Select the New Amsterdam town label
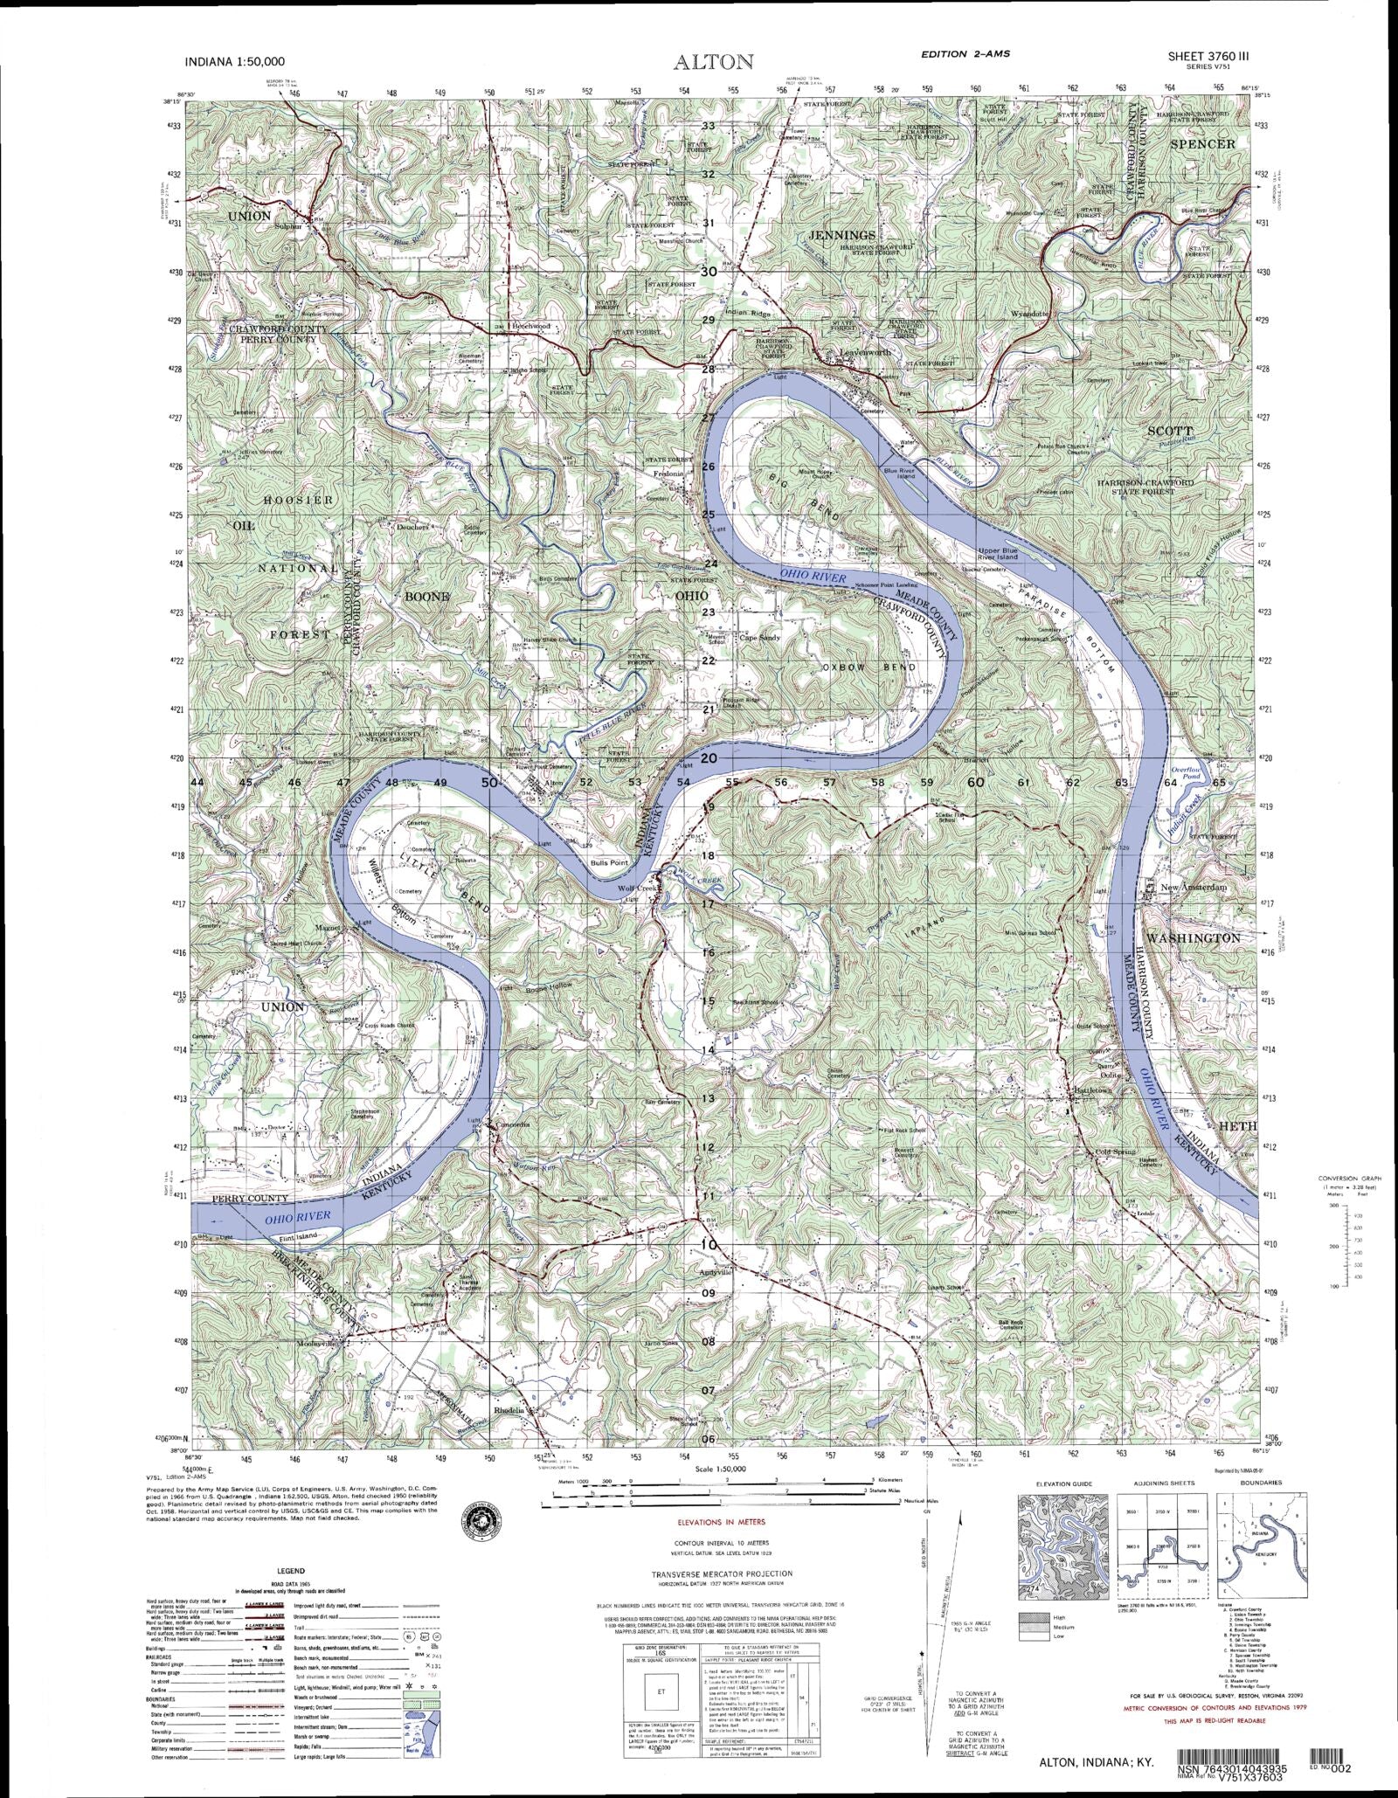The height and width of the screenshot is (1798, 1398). (x=1194, y=887)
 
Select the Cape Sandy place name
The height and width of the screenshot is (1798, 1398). (x=759, y=638)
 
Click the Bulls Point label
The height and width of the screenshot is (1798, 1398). (x=610, y=862)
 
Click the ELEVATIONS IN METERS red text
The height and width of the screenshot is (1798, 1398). (x=721, y=1523)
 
